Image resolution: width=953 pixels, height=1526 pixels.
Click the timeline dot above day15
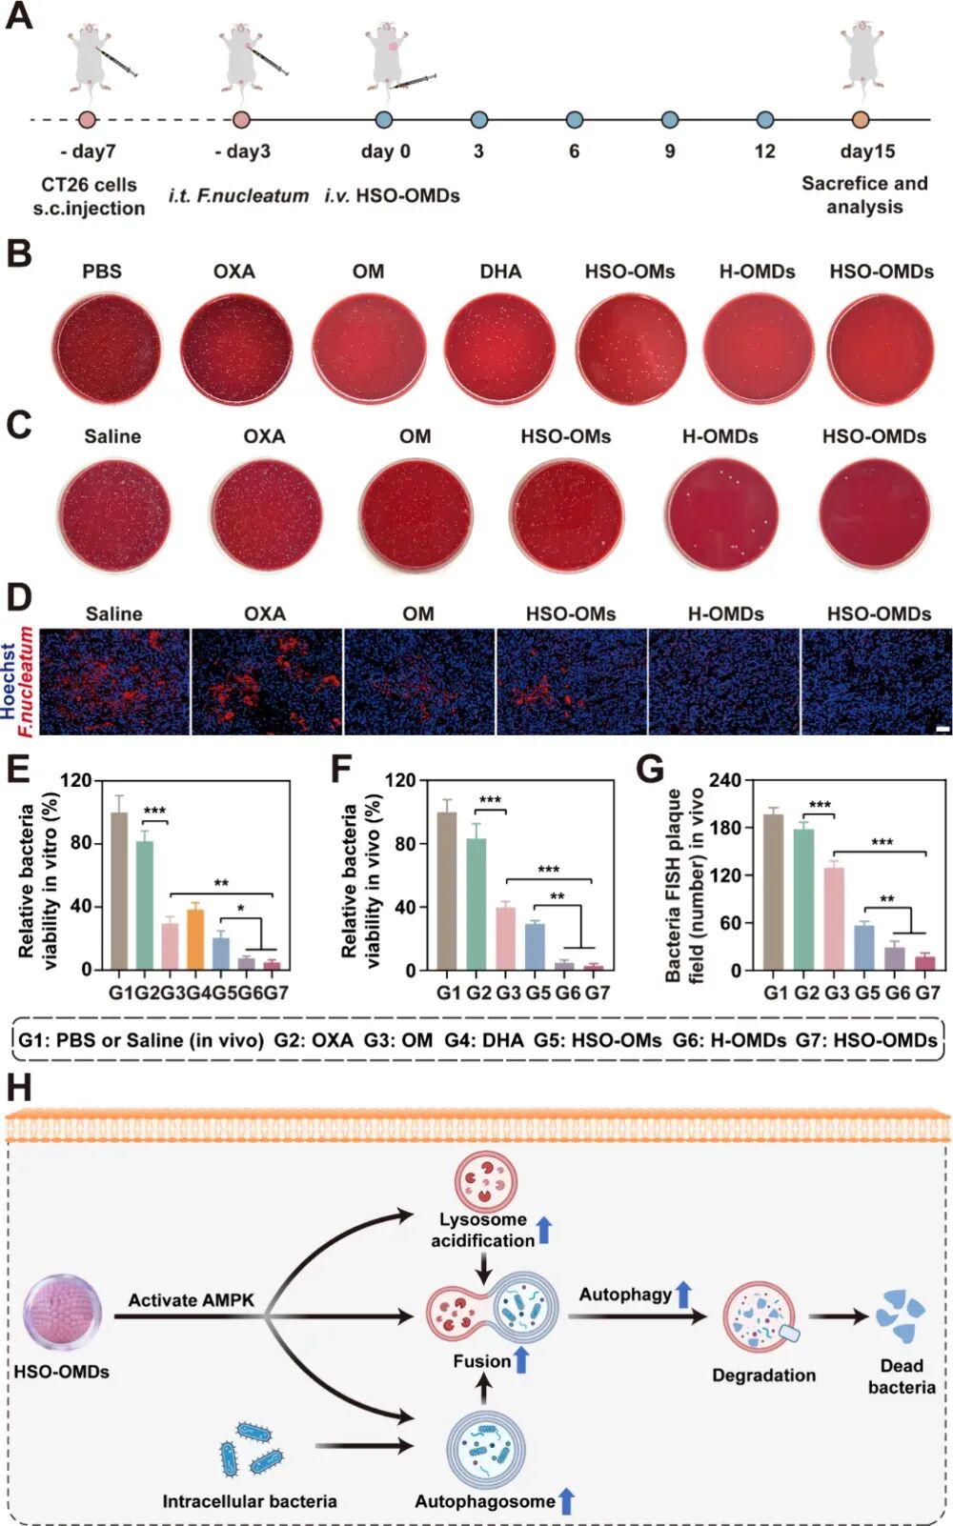coord(861,120)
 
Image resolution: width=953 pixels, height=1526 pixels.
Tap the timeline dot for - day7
coord(87,120)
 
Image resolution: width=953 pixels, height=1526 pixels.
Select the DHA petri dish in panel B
coord(499,348)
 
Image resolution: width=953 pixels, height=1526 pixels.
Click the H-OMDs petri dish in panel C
coord(720,513)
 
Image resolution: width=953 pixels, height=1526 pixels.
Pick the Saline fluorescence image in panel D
coord(114,681)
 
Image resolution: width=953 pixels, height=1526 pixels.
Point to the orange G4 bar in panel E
coord(195,939)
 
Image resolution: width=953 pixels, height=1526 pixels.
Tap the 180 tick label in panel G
coord(727,828)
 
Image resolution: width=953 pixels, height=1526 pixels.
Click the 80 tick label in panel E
coord(80,843)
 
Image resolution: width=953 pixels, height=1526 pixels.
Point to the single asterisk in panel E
coord(241,909)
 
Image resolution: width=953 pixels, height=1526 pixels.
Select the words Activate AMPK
coord(191,1300)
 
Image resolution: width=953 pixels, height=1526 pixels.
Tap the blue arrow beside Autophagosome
coord(566,1501)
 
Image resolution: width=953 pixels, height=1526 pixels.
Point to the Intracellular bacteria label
coord(250,1501)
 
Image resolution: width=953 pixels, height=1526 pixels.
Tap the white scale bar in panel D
coord(943,730)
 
